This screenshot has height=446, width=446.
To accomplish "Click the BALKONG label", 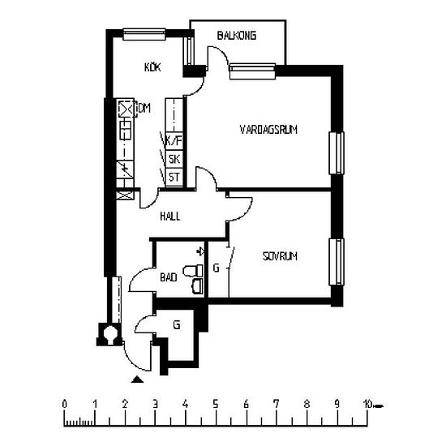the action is tap(237, 36).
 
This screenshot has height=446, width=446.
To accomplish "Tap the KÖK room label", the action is tap(152, 67).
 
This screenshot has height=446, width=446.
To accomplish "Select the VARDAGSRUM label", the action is tap(268, 130).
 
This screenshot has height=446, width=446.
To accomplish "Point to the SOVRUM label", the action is tap(281, 256).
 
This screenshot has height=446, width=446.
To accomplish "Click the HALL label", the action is tap(169, 217).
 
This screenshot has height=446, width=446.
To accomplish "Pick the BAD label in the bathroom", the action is tap(169, 277).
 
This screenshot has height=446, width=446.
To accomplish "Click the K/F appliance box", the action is tap(174, 141).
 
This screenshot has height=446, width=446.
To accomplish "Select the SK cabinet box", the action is tap(174, 159).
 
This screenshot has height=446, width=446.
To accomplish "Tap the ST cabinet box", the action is tap(174, 178).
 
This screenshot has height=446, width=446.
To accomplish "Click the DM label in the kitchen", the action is tap(144, 108).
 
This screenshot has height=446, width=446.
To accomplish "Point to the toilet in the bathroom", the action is tap(193, 271).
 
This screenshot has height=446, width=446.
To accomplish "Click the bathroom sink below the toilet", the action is tap(198, 286).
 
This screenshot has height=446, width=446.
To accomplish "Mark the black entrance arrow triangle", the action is tap(137, 380).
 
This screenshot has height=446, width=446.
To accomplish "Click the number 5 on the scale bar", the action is tap(216, 404).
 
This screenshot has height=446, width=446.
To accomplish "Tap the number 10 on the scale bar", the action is tap(367, 404).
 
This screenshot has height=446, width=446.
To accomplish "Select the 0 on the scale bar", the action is tap(65, 404).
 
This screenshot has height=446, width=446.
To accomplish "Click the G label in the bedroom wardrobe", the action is tap(217, 268).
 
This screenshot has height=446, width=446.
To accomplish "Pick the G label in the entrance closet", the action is tap(177, 324).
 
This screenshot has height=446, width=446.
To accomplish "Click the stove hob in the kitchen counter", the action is tap(126, 131).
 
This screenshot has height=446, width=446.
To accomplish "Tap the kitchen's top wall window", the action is tap(144, 34).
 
